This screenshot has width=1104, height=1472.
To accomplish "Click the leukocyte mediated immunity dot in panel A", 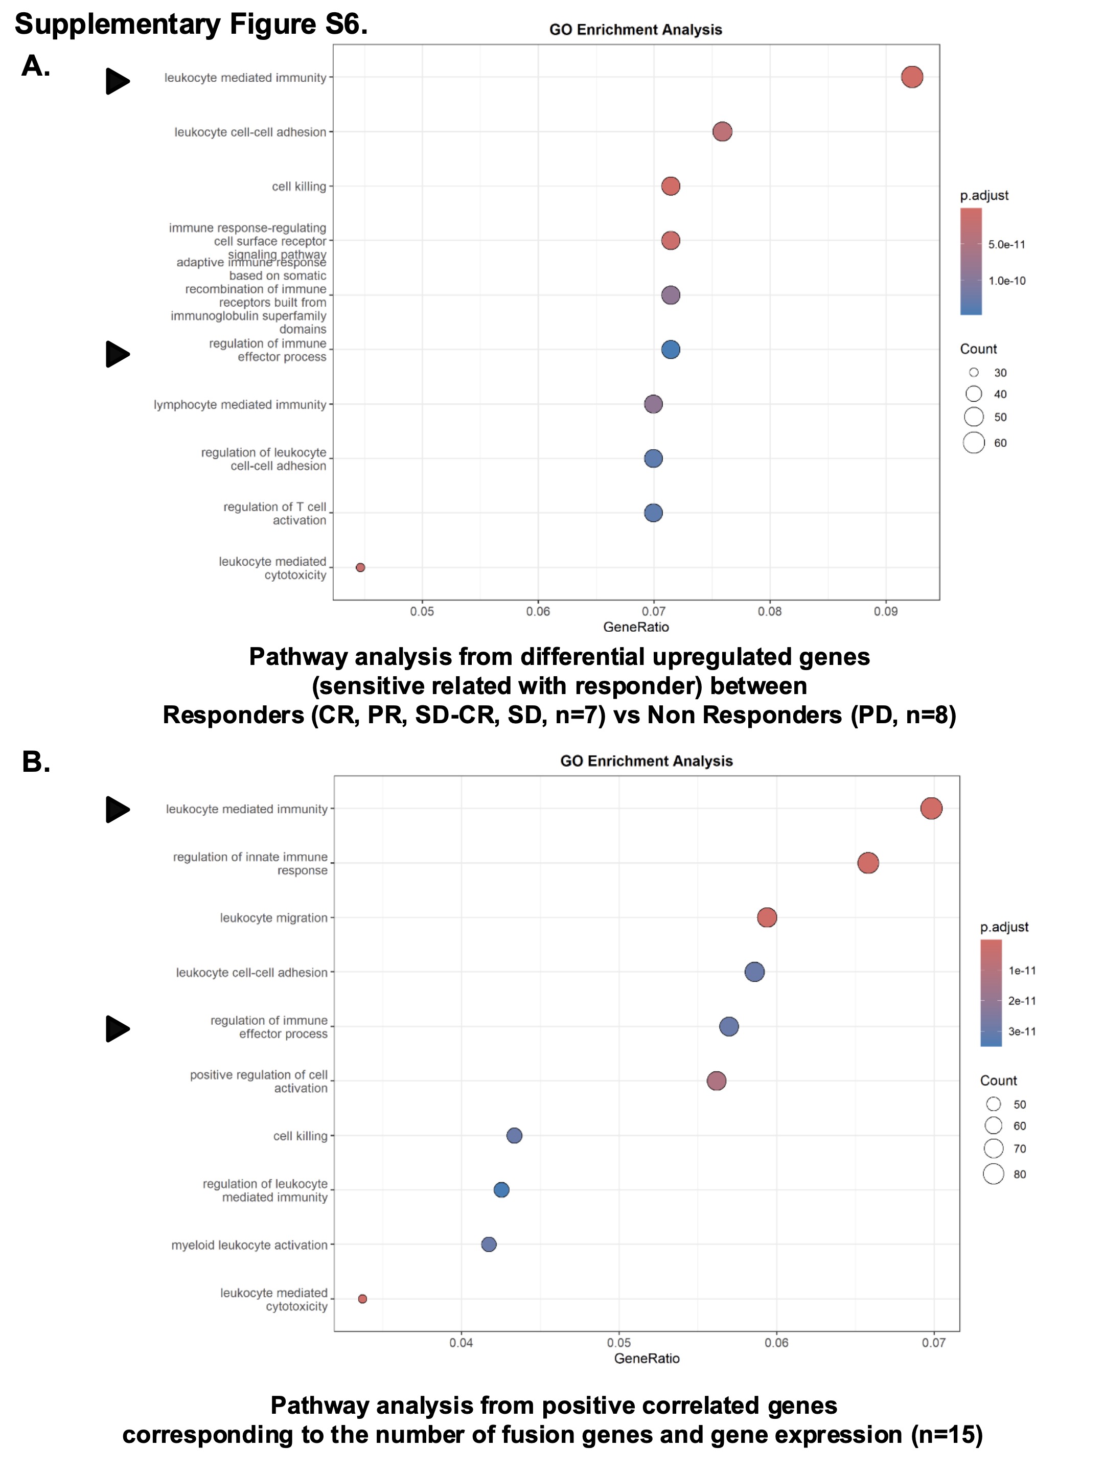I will coord(912,77).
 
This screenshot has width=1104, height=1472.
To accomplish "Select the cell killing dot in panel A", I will coord(670,187).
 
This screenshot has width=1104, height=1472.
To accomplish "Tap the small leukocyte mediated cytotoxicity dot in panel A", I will coord(360,568).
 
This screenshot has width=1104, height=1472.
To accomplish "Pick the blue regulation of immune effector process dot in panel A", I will coord(670,350).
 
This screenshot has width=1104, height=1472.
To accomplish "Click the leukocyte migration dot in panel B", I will coord(767,917).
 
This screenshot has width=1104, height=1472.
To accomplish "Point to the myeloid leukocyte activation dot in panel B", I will coord(489,1245).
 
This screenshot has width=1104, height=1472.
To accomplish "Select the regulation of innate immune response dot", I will coord(868,863).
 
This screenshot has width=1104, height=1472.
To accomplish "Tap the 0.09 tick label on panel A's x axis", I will coord(885,612).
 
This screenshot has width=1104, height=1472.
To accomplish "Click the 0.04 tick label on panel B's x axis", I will coord(461,1343).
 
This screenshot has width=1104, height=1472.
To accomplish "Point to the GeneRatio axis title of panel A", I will coord(635,627).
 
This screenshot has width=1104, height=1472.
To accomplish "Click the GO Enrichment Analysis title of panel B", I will coord(646,761).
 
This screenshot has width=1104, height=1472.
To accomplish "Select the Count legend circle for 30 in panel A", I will coord(974,373).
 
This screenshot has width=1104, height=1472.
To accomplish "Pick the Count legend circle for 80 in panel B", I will coord(993,1174).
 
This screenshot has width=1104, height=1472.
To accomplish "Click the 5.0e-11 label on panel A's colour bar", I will coord(1006,245).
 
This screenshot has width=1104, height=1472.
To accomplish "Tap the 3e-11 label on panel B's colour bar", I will coord(1022,1031).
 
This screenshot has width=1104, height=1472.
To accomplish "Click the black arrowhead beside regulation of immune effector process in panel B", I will coord(117,1029).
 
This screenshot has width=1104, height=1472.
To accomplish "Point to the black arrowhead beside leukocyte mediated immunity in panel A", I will coord(117,81).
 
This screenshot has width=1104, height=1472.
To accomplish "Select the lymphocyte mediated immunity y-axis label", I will coord(240,405).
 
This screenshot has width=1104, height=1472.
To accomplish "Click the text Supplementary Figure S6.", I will coord(191,25).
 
